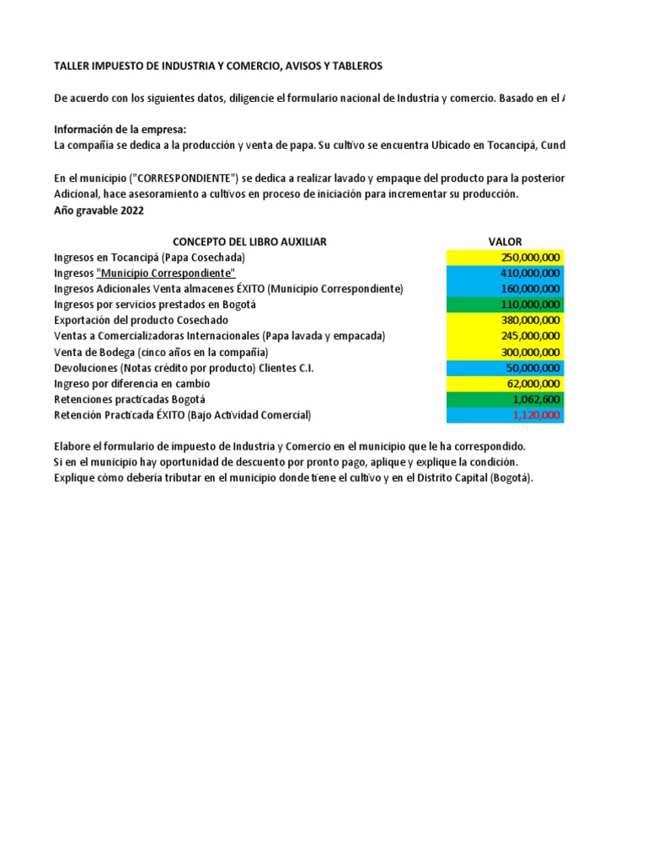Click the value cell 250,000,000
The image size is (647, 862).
[505, 258]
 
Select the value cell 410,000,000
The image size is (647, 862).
[505, 274]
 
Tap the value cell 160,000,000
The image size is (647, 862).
[505, 289]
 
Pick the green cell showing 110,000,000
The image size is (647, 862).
[505, 305]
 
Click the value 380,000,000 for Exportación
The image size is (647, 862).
[505, 321]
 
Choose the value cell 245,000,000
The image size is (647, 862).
[505, 336]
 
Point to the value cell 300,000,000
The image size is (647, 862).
[505, 352]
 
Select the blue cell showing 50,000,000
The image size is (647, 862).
[505, 368]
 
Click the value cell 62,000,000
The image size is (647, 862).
[505, 383]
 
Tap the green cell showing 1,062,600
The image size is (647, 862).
[505, 399]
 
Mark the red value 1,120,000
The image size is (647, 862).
[505, 415]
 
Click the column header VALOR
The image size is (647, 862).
[505, 242]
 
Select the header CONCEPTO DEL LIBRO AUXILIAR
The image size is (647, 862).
[249, 242]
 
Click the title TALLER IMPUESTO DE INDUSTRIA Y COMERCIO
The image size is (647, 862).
[217, 66]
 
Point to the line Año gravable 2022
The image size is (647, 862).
[99, 210]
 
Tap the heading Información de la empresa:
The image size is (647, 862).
[120, 130]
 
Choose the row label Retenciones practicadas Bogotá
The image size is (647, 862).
[129, 399]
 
